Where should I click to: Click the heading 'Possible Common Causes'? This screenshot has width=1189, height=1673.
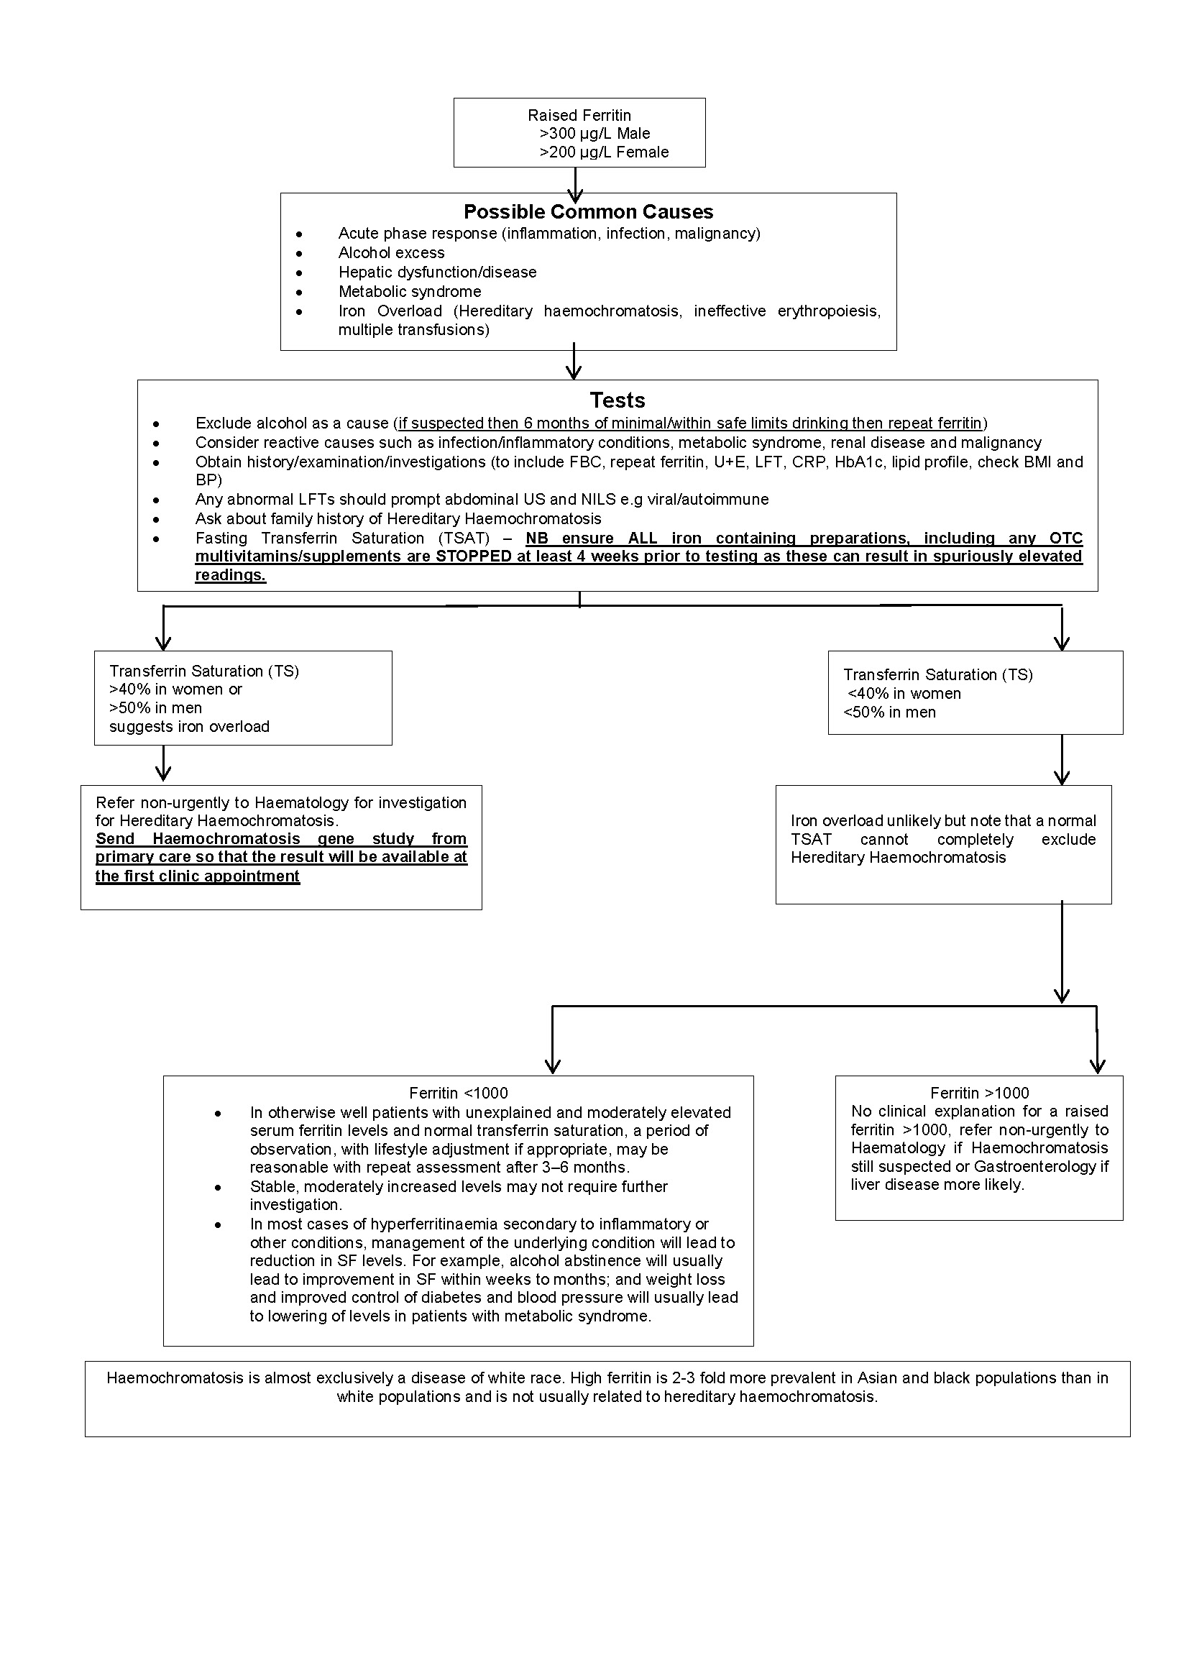click(x=588, y=212)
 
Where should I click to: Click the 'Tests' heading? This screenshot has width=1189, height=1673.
click(x=618, y=400)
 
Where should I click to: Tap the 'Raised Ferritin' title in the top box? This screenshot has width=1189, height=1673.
click(x=579, y=116)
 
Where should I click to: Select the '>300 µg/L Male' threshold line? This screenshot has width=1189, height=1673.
click(x=594, y=134)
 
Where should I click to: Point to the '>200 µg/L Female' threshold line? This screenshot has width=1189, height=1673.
click(x=604, y=152)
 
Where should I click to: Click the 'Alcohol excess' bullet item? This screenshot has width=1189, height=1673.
click(x=391, y=253)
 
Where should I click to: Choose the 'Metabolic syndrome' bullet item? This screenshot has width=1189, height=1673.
click(x=409, y=292)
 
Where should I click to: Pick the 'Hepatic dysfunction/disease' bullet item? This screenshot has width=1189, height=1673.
click(x=437, y=272)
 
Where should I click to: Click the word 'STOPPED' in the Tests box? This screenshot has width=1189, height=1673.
click(x=473, y=556)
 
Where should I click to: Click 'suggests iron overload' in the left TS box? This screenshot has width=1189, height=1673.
click(x=189, y=727)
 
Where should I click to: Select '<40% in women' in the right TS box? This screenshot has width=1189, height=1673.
click(x=904, y=694)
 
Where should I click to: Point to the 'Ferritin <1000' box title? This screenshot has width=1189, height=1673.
click(x=459, y=1093)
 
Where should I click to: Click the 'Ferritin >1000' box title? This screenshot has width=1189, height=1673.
click(x=979, y=1093)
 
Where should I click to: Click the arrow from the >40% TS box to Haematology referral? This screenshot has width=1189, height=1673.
click(x=164, y=765)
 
